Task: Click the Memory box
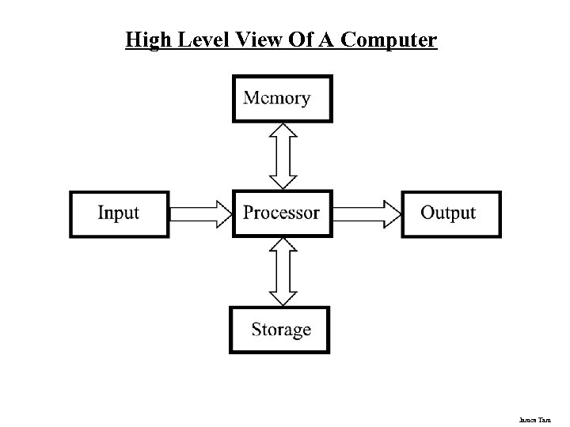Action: (x=283, y=98)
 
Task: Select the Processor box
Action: (x=281, y=213)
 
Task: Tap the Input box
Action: (x=120, y=213)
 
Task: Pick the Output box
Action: (x=450, y=213)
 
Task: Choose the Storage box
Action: (x=280, y=330)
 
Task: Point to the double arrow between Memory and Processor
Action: (x=283, y=156)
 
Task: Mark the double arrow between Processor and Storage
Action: (x=283, y=271)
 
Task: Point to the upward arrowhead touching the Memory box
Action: (x=283, y=131)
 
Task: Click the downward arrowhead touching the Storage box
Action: (x=283, y=297)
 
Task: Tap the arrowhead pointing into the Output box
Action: (x=391, y=213)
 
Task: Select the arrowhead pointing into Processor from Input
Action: (x=222, y=213)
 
